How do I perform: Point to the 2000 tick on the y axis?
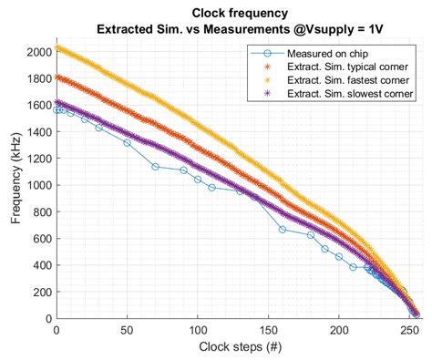pos(38,52)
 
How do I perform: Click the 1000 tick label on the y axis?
pos(38,185)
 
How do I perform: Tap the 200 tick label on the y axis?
pos(42,292)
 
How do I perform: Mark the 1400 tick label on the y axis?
pos(38,132)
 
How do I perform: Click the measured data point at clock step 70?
pos(155,167)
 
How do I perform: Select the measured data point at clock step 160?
pos(282,230)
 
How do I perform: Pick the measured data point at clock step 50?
pos(127,143)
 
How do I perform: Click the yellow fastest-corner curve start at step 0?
pos(57,48)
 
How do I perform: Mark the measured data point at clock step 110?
pos(211,188)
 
